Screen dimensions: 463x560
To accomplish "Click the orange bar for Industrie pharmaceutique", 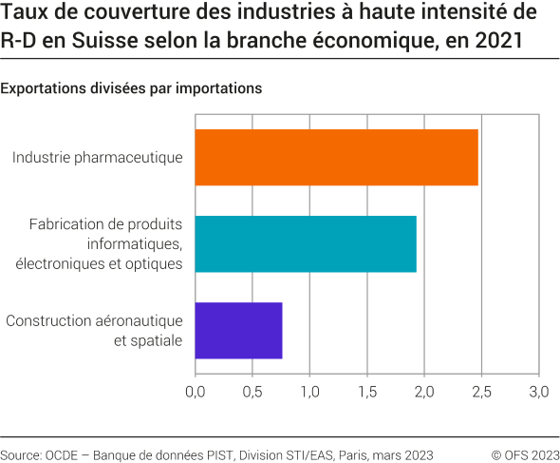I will pos(336,157).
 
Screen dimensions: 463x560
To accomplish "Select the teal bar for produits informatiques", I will pos(305,244).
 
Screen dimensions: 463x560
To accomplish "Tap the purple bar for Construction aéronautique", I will pos(238,331).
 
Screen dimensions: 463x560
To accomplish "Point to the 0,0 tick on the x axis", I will pos(196,391).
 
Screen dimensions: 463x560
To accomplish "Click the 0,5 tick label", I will pos(252,391).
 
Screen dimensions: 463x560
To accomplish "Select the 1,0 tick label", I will pos(309,391).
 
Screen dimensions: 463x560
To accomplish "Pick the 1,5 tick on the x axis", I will pos(367,391).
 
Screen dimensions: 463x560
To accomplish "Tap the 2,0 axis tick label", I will pos(424,391).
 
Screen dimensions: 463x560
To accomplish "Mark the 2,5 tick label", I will pos(481,391).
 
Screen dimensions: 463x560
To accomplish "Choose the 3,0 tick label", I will pos(538,391).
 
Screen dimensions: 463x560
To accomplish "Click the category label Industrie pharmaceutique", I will pos(97,157).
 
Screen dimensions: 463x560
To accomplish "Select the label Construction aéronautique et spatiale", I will pos(94,331).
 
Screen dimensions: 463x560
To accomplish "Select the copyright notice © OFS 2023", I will pos(525,453).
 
